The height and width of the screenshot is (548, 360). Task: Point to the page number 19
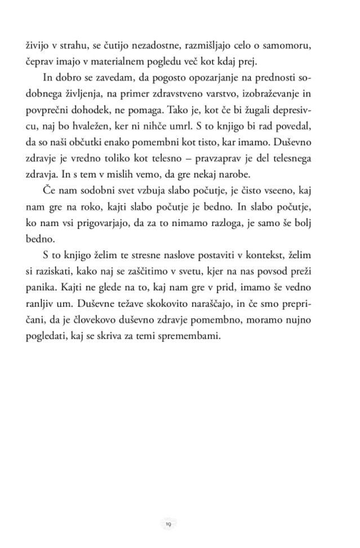tap(168, 524)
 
